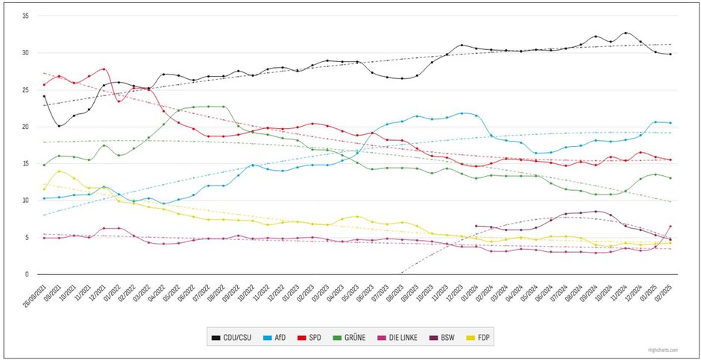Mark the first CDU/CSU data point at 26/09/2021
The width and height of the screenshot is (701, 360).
[44, 96]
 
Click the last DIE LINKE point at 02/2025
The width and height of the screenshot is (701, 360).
[670, 226]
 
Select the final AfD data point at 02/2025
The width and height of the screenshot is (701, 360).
[670, 122]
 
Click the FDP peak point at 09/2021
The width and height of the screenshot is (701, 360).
[60, 171]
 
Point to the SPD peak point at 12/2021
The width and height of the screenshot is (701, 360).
[104, 69]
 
